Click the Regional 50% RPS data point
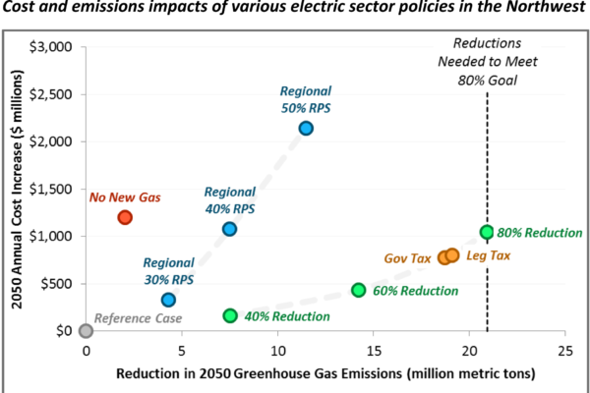tap(306, 128)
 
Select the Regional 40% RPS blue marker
tap(229, 229)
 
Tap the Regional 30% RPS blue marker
tap(168, 300)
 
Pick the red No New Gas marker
tap(125, 217)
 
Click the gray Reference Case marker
tap(87, 331)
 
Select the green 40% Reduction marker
tap(230, 315)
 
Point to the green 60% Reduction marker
tap(358, 290)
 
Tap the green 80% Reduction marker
tap(486, 232)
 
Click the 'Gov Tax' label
tap(407, 258)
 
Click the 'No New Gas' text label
tap(125, 197)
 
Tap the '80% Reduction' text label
tap(540, 233)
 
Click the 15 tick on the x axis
tap(374, 350)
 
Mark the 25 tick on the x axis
tap(564, 350)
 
